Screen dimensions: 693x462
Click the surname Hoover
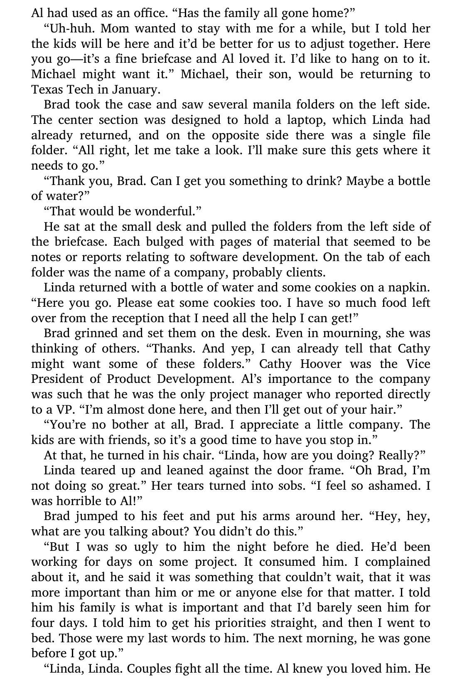click(321, 364)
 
